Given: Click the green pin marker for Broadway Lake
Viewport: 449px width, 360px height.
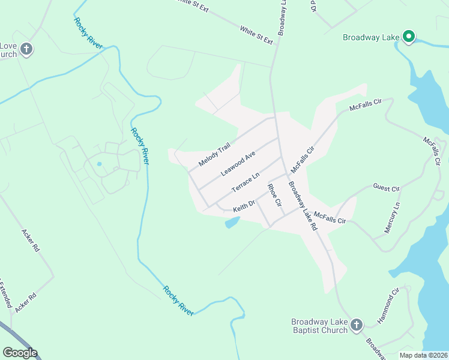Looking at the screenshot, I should [409, 37].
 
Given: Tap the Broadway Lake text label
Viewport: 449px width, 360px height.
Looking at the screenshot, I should [371, 38].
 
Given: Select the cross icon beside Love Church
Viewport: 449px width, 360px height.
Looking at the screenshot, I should [26, 49].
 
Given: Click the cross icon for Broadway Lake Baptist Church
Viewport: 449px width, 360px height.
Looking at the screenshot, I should [357, 325].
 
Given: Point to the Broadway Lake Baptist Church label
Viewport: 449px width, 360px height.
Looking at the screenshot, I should [319, 326].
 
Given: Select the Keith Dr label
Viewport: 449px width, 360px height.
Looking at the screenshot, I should [244, 205].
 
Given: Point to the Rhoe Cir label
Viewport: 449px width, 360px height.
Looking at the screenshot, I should [274, 195].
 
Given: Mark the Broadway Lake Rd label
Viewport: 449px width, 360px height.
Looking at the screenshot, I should [303, 206].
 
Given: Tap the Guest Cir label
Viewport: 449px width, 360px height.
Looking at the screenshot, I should [386, 188].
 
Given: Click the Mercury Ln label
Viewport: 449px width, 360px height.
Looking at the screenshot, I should [392, 218].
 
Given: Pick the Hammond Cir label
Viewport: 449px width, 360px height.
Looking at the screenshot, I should [388, 307].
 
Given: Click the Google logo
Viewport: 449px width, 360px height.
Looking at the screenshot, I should [19, 352].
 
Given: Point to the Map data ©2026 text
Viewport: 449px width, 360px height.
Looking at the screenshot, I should [423, 355].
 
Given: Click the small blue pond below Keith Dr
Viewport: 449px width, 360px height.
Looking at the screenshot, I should [231, 223].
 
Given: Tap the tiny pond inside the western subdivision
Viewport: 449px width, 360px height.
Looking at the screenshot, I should [99, 163].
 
